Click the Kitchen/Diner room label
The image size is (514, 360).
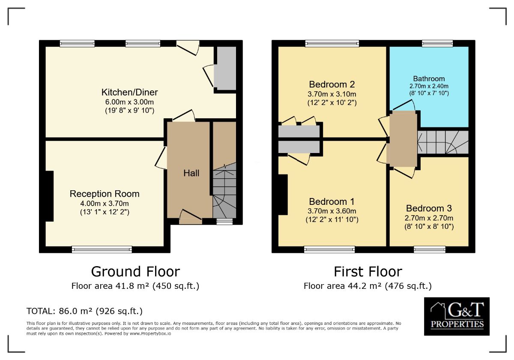tap(129, 92)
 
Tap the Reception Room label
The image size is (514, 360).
tap(105, 194)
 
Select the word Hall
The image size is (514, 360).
tap(191, 173)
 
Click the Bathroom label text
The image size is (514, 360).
tap(429, 79)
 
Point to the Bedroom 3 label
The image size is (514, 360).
tap(429, 208)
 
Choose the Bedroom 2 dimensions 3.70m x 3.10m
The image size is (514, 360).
tap(332, 94)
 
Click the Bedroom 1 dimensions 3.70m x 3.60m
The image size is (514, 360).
tap(332, 211)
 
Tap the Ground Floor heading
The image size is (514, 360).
tap(135, 272)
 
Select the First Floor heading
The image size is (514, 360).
tap(368, 272)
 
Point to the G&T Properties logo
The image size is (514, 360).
tap(457, 316)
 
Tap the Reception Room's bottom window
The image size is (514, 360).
tap(102, 249)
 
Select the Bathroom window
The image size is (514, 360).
tap(437, 43)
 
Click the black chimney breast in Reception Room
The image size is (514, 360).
tap(50, 196)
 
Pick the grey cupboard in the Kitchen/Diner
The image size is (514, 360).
tap(225, 69)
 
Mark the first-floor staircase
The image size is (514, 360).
tap(443, 142)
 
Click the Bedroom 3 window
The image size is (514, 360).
tap(430, 249)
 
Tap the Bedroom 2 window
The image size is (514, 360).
tap(332, 43)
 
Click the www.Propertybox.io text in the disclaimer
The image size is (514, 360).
tap(150, 333)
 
